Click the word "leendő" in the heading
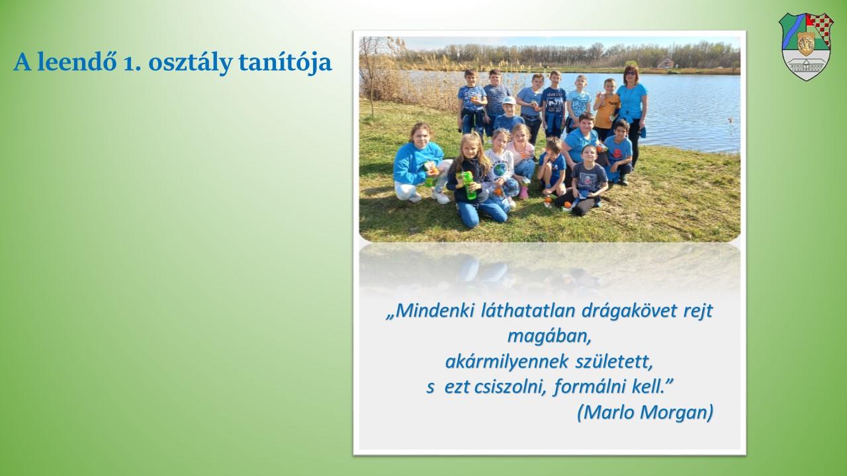(x=77, y=61)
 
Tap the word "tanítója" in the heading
(x=285, y=62)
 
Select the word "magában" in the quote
(x=549, y=337)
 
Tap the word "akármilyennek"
(x=507, y=362)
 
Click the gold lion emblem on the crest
(x=806, y=44)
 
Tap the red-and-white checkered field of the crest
(x=821, y=28)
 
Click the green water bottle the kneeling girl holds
(x=469, y=185)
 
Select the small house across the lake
(x=665, y=63)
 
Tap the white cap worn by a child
(x=509, y=100)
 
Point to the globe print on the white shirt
(x=500, y=169)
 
